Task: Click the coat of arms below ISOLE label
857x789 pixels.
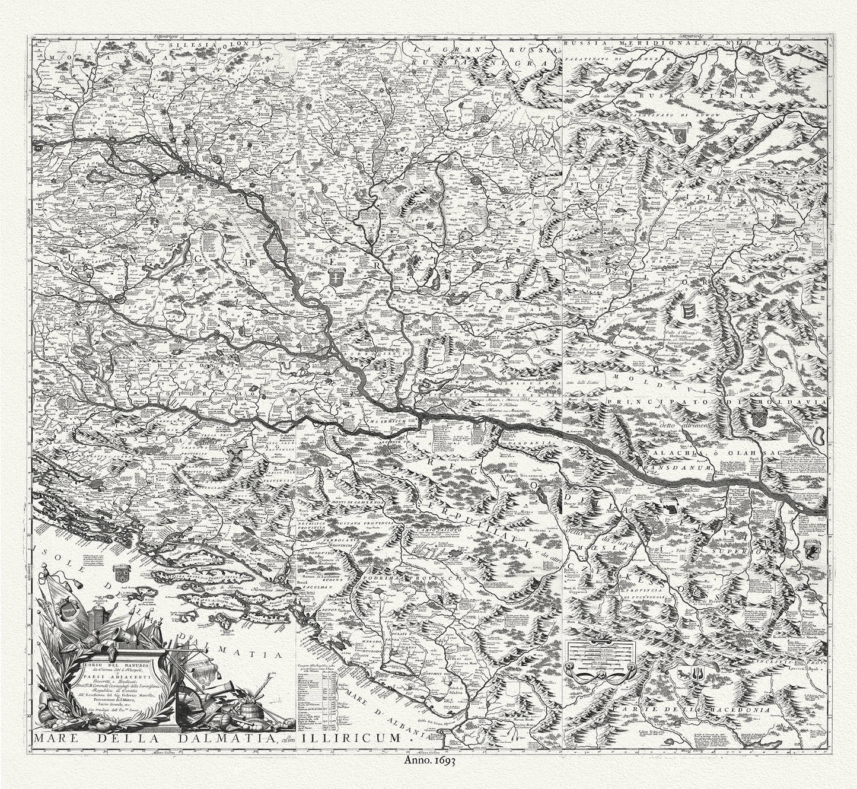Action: point(117,572)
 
